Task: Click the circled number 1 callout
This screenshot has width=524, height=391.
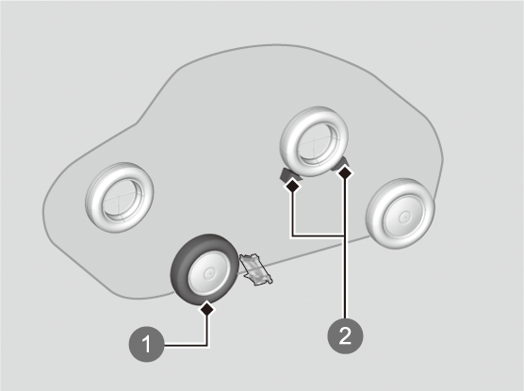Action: (146, 344)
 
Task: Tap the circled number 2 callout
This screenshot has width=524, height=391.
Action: (345, 335)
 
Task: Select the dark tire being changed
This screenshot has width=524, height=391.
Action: (205, 270)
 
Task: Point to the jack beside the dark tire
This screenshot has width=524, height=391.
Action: (256, 269)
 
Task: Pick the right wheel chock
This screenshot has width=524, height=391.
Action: (341, 166)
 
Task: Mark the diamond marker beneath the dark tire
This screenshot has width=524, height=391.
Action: (207, 309)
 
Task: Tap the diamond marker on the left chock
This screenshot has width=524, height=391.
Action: (293, 186)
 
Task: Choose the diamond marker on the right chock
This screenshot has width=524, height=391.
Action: (346, 173)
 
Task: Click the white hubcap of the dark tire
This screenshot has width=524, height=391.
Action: (209, 273)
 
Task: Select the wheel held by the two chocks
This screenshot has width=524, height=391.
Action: (314, 141)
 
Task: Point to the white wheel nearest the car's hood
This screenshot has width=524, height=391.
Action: (120, 198)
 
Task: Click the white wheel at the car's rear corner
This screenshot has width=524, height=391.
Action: (400, 214)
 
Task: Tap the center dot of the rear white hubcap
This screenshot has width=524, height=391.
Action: (404, 217)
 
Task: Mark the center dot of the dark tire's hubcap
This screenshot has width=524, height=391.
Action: (209, 273)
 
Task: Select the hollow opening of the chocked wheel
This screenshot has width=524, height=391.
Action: (316, 142)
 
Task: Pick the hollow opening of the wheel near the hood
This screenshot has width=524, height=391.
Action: (121, 199)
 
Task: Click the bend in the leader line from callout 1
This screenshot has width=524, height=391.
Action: (207, 345)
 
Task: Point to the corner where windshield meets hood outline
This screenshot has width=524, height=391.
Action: (136, 123)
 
